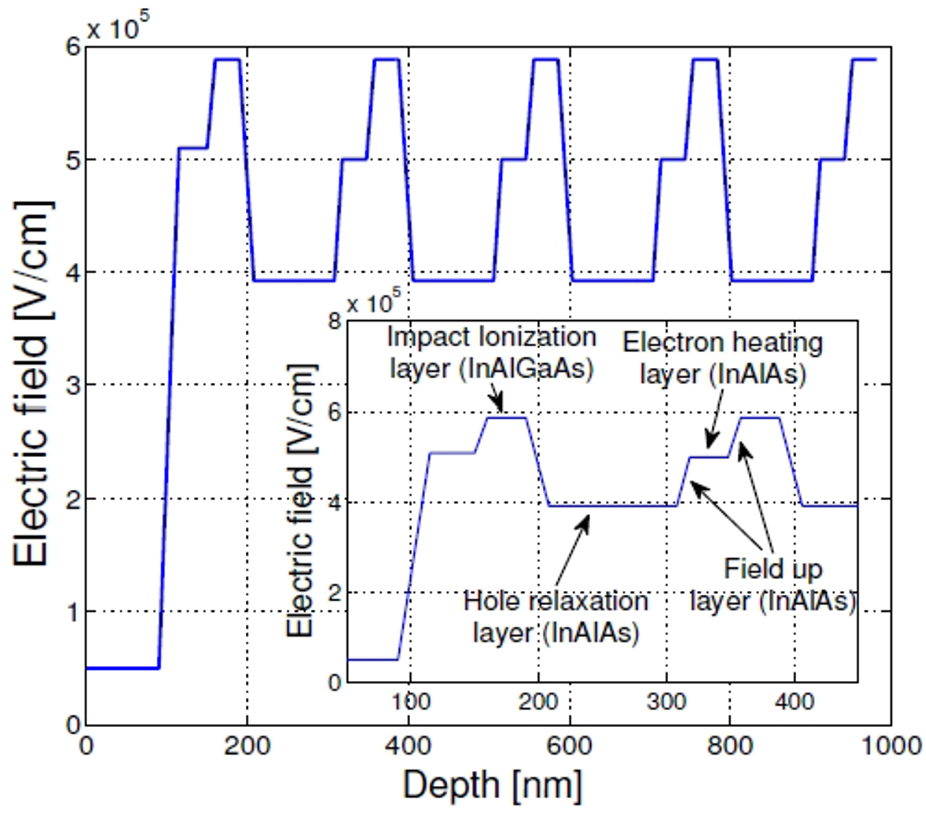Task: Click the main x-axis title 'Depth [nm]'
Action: click(x=492, y=785)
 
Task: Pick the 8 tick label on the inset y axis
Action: click(x=335, y=321)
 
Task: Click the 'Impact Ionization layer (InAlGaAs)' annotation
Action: click(x=491, y=352)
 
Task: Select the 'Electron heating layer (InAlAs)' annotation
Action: click(x=722, y=358)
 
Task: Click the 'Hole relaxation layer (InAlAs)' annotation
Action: click(x=555, y=616)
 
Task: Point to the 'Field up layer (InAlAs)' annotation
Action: click(x=773, y=584)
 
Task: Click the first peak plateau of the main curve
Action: click(x=227, y=60)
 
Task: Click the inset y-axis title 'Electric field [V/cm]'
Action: click(x=301, y=500)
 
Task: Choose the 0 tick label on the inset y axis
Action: click(x=335, y=683)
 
